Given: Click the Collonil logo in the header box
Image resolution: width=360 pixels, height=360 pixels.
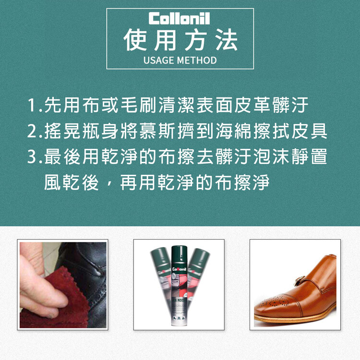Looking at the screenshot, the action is click(180, 18).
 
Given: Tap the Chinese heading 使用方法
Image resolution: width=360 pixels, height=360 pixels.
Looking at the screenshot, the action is click(180, 40).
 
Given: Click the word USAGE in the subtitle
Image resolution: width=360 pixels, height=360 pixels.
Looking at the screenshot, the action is click(158, 60).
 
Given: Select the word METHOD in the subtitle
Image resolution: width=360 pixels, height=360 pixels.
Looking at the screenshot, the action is click(197, 60).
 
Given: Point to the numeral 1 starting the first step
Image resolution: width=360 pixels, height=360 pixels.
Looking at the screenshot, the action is click(32, 105).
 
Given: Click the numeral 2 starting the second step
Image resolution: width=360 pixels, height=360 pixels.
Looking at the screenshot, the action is click(32, 131).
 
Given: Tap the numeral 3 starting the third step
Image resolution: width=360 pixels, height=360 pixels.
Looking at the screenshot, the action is click(32, 156).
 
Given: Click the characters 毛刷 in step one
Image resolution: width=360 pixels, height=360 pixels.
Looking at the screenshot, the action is click(139, 105).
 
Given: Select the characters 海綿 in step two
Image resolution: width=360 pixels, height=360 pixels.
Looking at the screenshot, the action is click(234, 131).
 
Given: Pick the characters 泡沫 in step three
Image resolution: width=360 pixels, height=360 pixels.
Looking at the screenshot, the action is click(272, 156).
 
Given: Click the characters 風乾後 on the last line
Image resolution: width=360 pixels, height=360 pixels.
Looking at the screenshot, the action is click(72, 182).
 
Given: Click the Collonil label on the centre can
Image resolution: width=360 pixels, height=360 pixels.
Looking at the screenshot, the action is click(180, 269).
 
